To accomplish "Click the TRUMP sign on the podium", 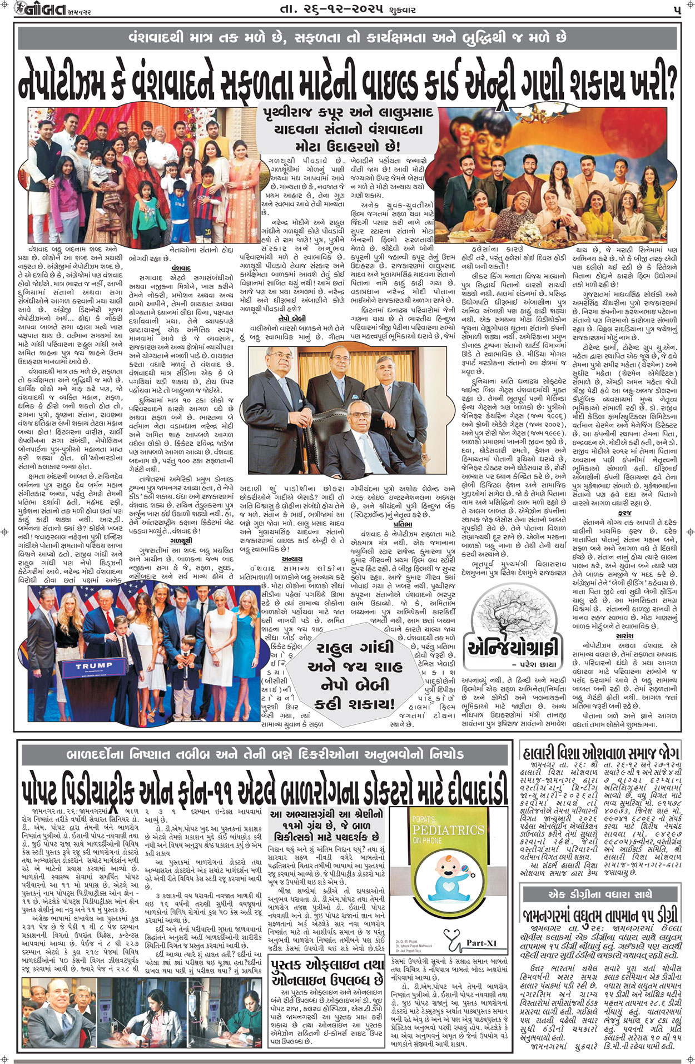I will [x=94, y=666].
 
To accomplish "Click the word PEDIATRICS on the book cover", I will [x=448, y=831].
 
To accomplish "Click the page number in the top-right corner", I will [x=676, y=10].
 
